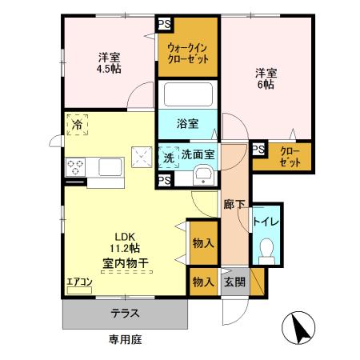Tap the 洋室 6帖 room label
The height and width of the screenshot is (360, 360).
pos(266,75)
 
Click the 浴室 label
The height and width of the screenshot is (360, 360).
pos(189,124)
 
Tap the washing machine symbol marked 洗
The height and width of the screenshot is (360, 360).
pos(169,157)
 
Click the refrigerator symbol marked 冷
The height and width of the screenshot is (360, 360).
pos(78,125)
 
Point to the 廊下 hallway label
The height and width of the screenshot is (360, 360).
pos(234,204)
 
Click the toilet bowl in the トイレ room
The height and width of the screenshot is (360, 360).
pos(266,251)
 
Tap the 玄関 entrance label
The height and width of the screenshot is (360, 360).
pos(234,281)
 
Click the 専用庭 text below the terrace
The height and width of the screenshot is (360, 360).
pos(125,340)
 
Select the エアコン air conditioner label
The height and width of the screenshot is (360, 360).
pos(80,281)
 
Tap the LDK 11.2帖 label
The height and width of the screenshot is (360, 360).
pos(126,248)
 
